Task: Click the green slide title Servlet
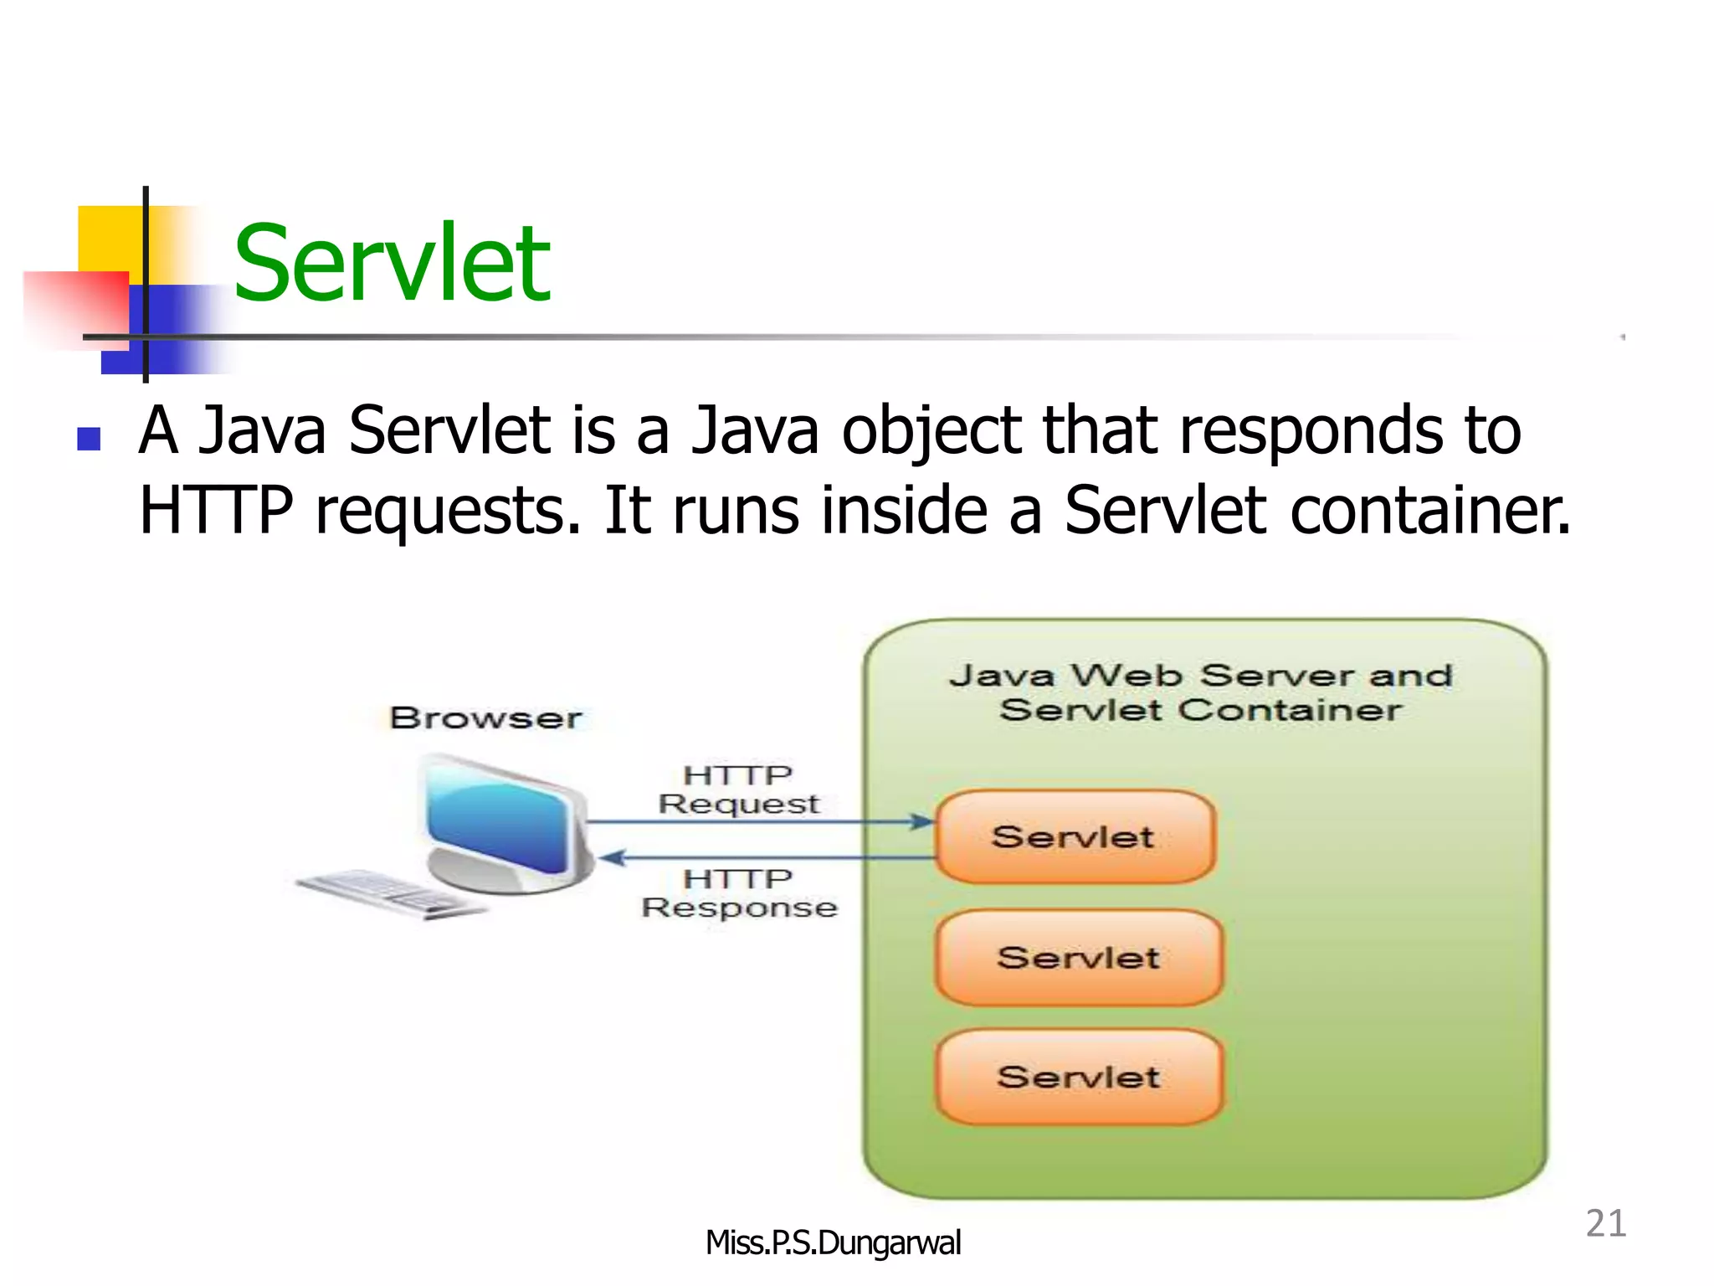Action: coord(392,264)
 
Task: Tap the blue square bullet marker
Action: coord(89,440)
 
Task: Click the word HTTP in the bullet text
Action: coord(216,510)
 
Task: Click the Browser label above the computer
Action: coord(485,718)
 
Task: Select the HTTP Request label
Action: coord(738,790)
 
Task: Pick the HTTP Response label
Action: coord(739,893)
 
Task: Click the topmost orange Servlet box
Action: coord(1075,836)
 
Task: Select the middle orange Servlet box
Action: coord(1078,957)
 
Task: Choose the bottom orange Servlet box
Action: coord(1078,1077)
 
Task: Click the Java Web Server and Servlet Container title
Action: coord(1201,692)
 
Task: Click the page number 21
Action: coord(1605,1223)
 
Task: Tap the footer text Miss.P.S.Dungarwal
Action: coord(833,1242)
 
